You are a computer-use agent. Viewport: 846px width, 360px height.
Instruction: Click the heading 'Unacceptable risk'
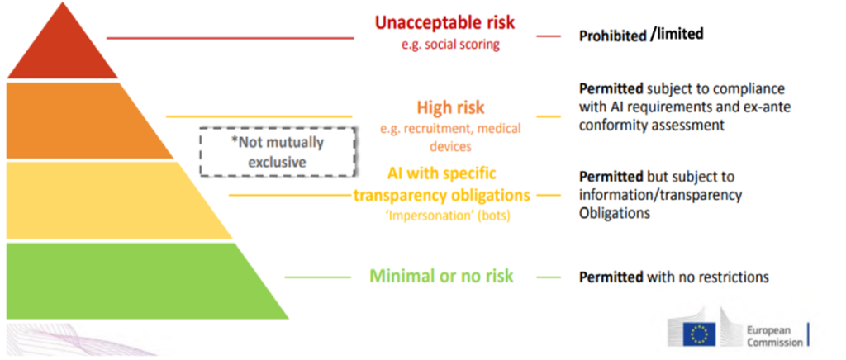(x=445, y=22)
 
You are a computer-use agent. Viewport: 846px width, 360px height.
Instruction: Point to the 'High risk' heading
(x=450, y=107)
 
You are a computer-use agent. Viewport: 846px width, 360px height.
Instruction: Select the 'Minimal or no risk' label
(x=441, y=277)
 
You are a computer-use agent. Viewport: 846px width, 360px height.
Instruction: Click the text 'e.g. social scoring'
(x=450, y=45)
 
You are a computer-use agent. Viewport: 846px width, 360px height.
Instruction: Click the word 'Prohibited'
(x=612, y=36)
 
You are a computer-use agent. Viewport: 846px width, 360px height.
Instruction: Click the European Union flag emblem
(x=699, y=334)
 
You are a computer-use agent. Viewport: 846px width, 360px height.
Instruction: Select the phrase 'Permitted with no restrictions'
(x=674, y=277)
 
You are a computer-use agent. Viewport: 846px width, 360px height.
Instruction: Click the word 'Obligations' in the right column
(x=615, y=213)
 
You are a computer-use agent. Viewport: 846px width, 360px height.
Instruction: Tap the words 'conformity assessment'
(x=651, y=126)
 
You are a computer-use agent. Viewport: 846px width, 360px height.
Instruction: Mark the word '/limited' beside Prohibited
(x=677, y=35)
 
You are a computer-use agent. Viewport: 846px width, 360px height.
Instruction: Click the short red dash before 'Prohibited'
(x=549, y=36)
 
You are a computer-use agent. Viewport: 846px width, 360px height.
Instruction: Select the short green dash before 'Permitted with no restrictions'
(x=549, y=277)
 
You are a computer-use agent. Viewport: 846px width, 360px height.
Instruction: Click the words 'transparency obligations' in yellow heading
(x=442, y=195)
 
